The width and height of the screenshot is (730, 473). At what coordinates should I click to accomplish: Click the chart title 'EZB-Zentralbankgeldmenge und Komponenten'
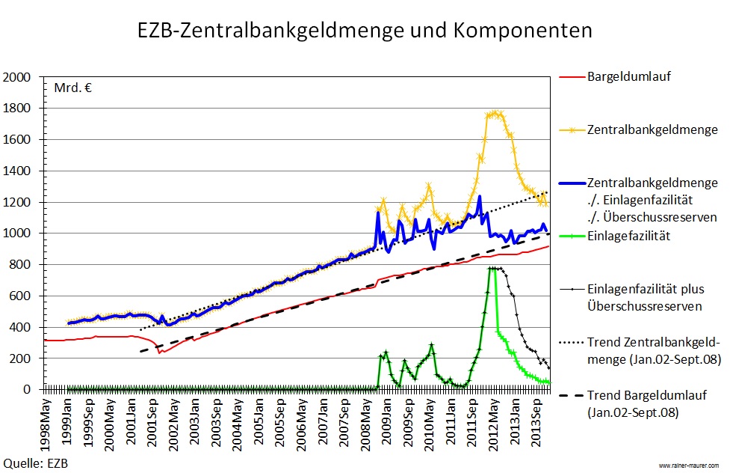pos(365,31)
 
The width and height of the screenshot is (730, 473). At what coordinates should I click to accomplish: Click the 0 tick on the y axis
pos(31,390)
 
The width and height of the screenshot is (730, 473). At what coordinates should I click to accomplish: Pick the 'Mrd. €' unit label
pos(72,88)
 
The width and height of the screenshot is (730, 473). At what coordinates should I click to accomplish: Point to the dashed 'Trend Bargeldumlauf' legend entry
pos(643,403)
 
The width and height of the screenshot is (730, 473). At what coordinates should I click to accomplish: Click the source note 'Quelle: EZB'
pos(35,463)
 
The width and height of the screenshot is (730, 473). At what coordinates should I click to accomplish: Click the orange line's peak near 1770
pos(495,113)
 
